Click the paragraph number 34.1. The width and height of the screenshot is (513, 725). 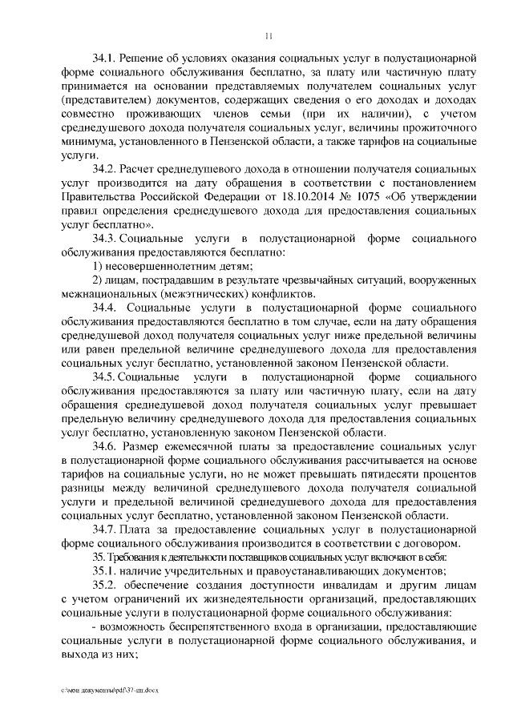point(105,59)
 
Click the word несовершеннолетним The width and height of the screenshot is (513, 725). point(157,266)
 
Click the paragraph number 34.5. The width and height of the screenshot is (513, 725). point(106,376)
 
